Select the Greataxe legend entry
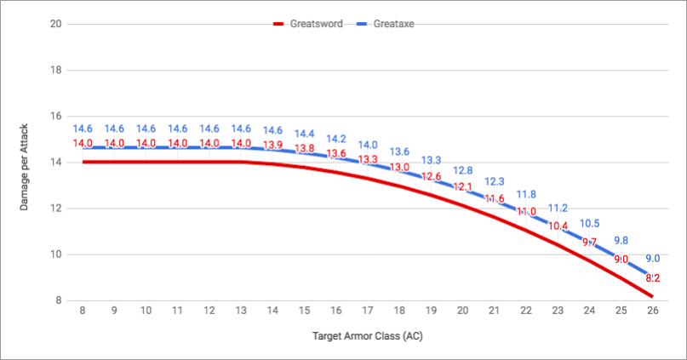point(395,24)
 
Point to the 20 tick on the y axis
point(56,24)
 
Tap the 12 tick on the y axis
point(56,208)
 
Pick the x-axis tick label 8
point(83,312)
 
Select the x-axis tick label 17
point(368,312)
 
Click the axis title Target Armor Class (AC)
point(367,335)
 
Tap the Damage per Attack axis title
point(26,162)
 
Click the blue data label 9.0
point(653,259)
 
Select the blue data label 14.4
point(304,134)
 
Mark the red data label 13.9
point(272,146)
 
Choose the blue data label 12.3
point(495,181)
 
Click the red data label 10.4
point(558,226)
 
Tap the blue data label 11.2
point(558,208)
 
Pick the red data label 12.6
point(432,177)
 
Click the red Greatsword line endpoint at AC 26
point(653,295)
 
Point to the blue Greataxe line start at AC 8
point(83,147)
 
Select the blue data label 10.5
point(589,223)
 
